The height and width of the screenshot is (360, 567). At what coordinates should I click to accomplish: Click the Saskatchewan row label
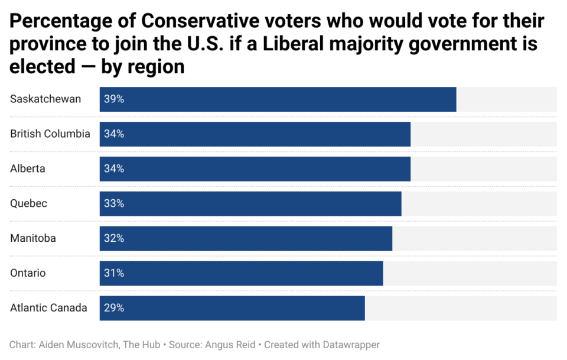(x=45, y=99)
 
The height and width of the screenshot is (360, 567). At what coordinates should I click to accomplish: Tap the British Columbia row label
(x=50, y=134)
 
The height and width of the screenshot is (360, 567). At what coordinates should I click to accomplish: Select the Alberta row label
(x=28, y=169)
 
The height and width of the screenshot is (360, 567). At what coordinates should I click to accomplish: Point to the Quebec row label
(x=28, y=203)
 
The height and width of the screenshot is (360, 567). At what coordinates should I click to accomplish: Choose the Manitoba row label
(x=33, y=238)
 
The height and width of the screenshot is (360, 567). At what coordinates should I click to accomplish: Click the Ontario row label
(x=28, y=273)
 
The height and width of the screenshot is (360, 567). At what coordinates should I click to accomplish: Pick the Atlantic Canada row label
(x=48, y=308)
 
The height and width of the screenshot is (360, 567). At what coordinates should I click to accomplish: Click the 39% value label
(x=114, y=99)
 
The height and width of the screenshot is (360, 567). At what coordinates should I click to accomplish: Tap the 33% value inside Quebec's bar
(x=114, y=203)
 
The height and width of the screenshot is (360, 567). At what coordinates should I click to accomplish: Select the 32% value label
(x=114, y=238)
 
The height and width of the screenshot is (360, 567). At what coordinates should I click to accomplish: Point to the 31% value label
(x=114, y=273)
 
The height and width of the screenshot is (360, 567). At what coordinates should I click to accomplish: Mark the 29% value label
(x=114, y=308)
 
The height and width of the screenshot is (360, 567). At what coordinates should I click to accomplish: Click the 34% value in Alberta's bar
(x=114, y=169)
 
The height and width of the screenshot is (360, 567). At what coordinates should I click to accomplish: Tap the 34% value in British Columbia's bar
(x=114, y=134)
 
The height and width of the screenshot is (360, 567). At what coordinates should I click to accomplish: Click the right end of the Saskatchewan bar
(x=455, y=99)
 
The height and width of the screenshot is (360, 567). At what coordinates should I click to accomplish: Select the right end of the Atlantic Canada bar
(x=363, y=308)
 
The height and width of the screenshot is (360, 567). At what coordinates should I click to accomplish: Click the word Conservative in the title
(x=200, y=22)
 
